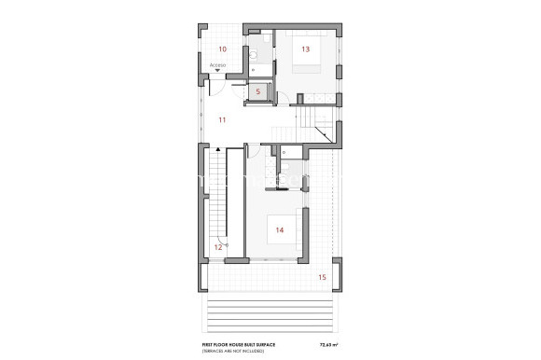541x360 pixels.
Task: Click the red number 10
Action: point(222,48)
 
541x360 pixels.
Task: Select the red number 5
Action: point(257,91)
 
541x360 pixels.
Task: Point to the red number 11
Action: point(222,120)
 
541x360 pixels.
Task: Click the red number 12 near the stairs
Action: point(218,247)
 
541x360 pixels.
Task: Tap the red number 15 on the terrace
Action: point(323,277)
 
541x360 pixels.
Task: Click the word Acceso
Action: point(217,64)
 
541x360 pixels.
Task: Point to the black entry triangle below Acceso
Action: point(218,71)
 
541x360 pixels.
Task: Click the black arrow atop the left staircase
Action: point(217,148)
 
